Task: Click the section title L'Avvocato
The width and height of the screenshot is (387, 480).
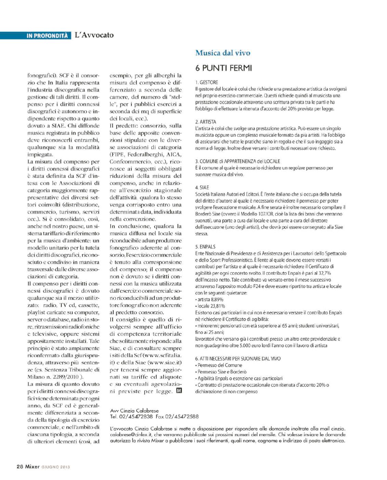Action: coord(94,35)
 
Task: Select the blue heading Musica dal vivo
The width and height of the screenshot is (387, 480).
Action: coord(222,53)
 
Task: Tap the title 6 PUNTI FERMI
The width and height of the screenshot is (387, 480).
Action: coord(223,68)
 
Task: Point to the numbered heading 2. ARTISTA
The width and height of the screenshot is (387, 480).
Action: coord(206,122)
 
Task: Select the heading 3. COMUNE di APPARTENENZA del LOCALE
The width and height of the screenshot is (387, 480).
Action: coord(237,161)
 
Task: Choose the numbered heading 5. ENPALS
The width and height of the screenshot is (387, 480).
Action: coord(205,247)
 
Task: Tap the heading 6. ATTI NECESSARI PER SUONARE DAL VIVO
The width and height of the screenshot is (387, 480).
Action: coord(238,359)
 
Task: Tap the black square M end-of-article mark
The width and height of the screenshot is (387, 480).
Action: coord(179,391)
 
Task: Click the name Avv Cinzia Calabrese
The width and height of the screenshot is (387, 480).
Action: coord(134,411)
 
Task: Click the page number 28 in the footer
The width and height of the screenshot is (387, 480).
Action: coord(20,466)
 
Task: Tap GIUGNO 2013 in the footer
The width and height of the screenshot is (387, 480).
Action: coord(56,467)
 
